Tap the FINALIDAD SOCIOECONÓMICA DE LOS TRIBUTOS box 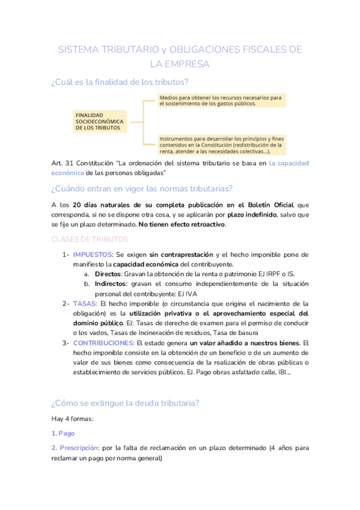(x=99, y=121)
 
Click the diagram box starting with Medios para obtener (x=221, y=100)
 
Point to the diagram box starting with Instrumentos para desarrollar (x=221, y=144)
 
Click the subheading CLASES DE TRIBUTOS (x=90, y=239)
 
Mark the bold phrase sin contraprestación (x=176, y=254)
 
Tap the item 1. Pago (x=63, y=433)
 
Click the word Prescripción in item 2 (x=79, y=447)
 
